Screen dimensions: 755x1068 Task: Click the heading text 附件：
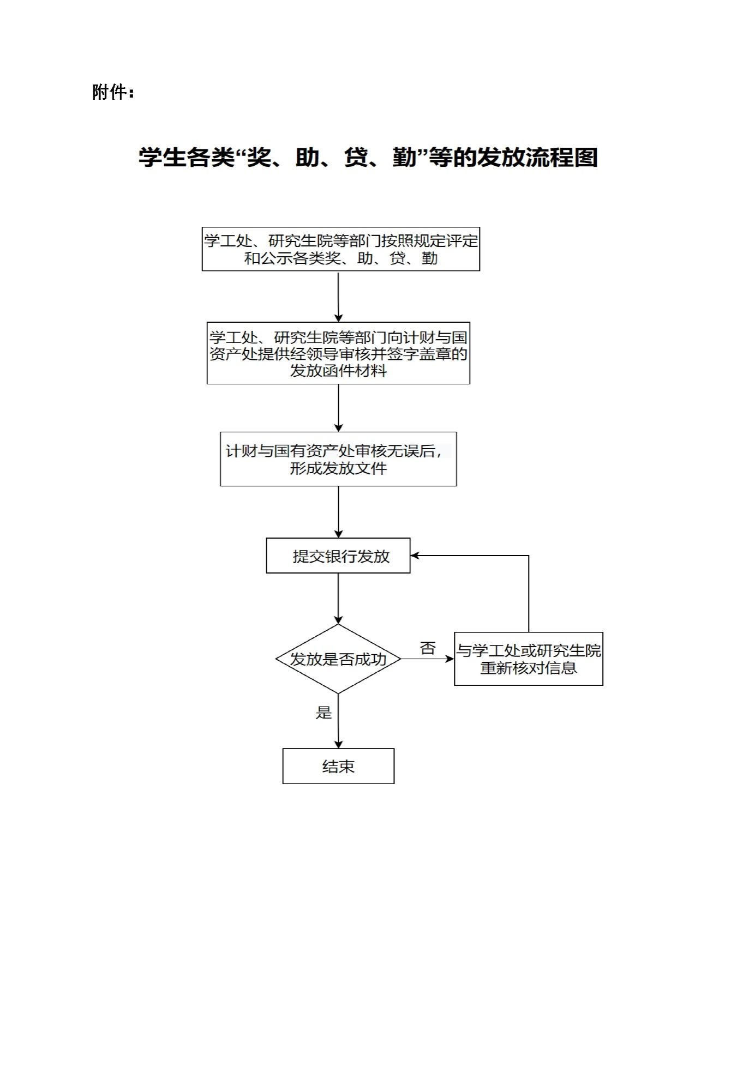point(113,92)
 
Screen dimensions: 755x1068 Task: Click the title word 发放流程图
point(538,158)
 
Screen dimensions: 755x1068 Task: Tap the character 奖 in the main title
point(259,158)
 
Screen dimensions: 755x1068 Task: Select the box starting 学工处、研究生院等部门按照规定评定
point(341,249)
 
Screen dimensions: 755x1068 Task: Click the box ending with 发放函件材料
point(338,353)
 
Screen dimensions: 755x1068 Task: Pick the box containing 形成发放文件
point(338,459)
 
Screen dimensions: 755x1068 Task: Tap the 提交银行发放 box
point(338,556)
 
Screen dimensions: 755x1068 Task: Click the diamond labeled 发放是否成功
point(338,659)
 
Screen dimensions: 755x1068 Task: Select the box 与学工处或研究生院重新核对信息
point(529,659)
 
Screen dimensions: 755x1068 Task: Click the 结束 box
point(338,766)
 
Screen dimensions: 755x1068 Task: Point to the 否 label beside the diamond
point(428,648)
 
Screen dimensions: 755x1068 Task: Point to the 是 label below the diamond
point(323,713)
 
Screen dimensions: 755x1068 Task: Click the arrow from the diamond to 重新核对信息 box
point(428,659)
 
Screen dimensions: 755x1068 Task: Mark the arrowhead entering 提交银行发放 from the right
point(415,556)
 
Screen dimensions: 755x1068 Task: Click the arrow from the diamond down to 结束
point(338,721)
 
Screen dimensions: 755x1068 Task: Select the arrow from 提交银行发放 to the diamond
point(338,599)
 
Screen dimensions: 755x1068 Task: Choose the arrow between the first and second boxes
point(338,297)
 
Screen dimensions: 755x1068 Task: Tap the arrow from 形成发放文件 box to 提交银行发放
point(338,512)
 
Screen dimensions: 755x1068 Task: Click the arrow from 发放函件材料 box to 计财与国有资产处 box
point(338,408)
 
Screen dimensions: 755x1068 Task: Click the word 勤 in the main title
point(404,158)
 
